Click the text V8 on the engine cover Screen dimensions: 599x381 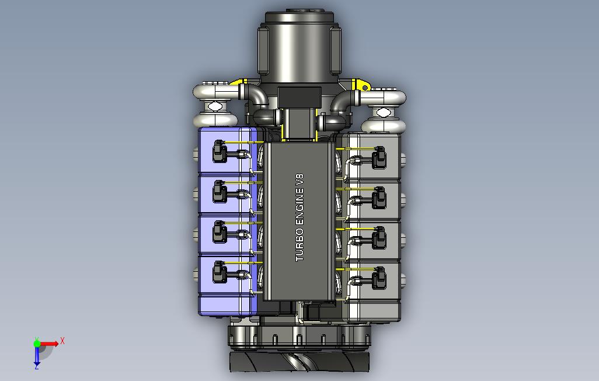tap(299, 181)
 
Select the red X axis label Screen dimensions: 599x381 tap(62, 341)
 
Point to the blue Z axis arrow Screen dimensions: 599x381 tap(37, 356)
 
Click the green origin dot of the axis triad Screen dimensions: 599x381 tap(37, 344)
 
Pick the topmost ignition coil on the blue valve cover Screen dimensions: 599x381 tap(218, 151)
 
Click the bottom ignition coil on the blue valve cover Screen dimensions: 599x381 tap(218, 272)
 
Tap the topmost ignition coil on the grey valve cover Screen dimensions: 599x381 tap(379, 157)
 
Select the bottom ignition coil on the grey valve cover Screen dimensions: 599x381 tap(379, 278)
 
